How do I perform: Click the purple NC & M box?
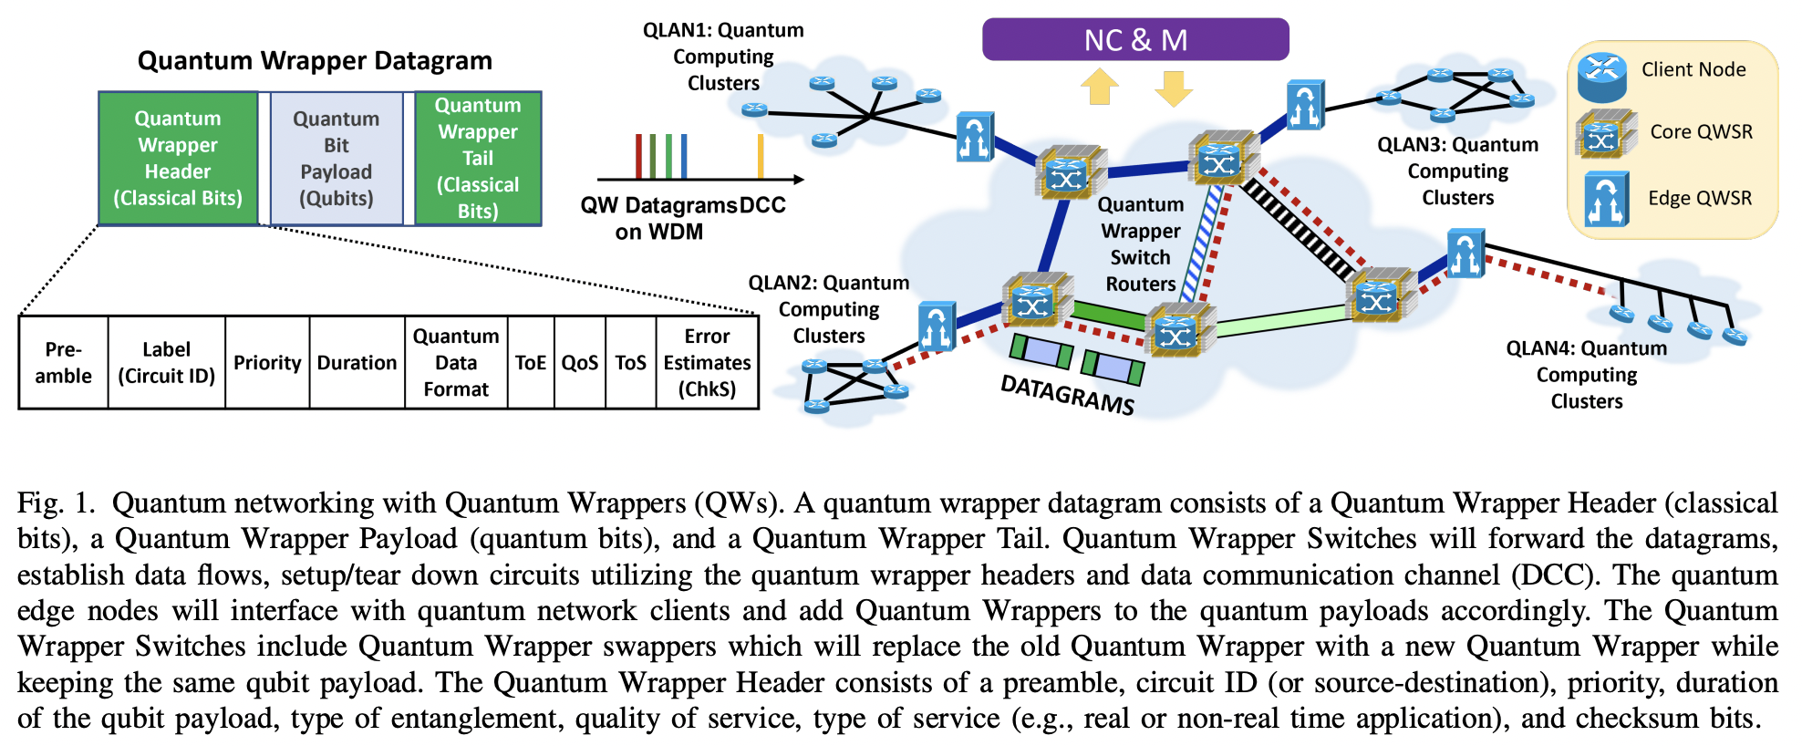tap(1134, 40)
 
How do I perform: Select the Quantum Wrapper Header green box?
tap(178, 158)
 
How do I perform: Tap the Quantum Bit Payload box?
tap(336, 158)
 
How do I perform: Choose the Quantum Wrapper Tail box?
tap(478, 158)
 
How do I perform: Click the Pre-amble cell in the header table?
tap(63, 363)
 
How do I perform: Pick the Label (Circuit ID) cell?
tap(166, 363)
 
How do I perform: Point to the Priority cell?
tap(266, 363)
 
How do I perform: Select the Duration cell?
tap(357, 363)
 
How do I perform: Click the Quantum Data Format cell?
tap(456, 363)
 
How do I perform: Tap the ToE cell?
tap(530, 363)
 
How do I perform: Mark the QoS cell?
tap(579, 363)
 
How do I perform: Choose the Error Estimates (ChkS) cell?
tap(707, 363)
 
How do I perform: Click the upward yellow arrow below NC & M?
tap(1100, 88)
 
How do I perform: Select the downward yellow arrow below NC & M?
tap(1173, 88)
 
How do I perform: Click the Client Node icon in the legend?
tap(1602, 77)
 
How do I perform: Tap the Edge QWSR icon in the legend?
tap(1606, 199)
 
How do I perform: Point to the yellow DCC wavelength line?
tap(761, 156)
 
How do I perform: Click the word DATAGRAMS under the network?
tap(1067, 395)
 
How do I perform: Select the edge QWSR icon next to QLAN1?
tap(974, 138)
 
